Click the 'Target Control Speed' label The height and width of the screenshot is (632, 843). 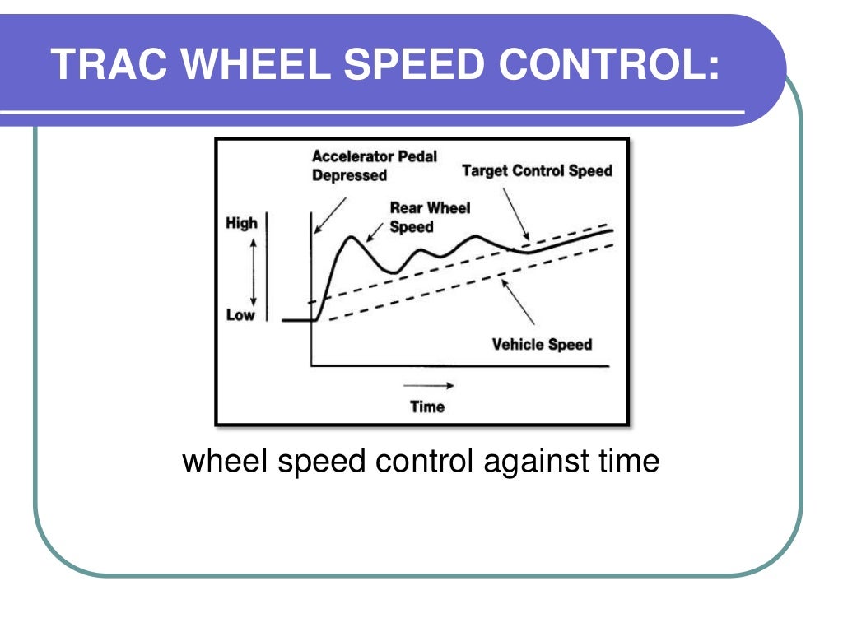point(537,171)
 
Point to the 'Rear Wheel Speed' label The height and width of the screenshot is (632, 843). point(430,217)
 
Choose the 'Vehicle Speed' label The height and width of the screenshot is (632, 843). point(542,344)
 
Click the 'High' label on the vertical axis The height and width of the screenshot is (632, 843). point(241,223)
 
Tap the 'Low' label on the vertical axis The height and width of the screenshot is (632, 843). point(240,315)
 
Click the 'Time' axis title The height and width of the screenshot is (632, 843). point(426,407)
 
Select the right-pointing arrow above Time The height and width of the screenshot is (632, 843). point(428,385)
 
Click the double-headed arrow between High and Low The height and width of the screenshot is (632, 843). point(254,269)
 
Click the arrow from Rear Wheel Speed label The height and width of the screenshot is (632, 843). point(375,233)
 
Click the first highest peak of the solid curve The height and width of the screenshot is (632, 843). point(352,238)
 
